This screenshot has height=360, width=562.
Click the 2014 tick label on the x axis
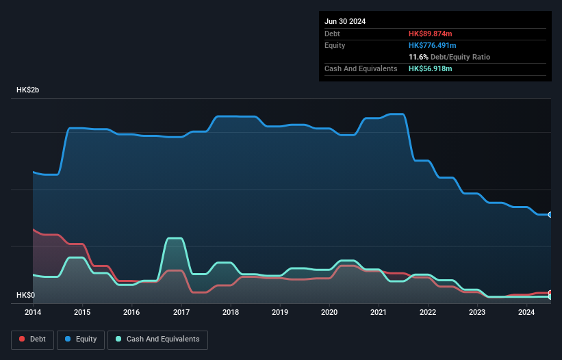(x=33, y=313)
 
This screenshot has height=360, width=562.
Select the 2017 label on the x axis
(x=181, y=313)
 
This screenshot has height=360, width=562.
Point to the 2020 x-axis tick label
(x=330, y=313)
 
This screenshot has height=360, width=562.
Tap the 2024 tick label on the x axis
(x=526, y=313)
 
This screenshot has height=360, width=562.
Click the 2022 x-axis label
(x=429, y=313)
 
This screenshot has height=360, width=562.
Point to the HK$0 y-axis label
(x=25, y=295)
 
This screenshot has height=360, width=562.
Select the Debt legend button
(x=31, y=339)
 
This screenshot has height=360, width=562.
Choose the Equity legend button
(x=81, y=339)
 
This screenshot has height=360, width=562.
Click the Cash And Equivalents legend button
(x=157, y=339)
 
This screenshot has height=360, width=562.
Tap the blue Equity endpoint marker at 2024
(x=550, y=215)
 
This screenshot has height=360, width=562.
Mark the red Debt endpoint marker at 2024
(x=550, y=293)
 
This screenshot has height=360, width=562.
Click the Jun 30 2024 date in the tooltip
(x=345, y=21)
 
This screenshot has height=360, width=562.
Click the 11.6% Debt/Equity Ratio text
(x=449, y=57)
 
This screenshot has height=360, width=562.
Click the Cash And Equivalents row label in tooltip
(x=361, y=68)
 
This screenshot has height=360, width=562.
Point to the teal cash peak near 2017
(x=175, y=239)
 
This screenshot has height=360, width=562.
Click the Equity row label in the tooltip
(x=335, y=45)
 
